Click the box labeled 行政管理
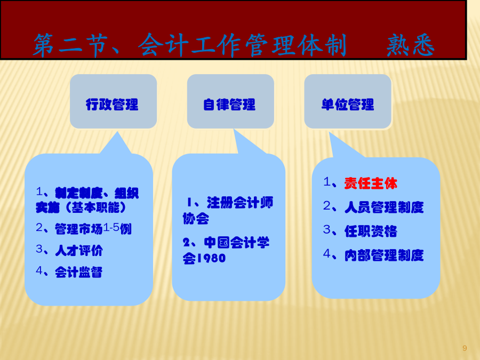click(x=113, y=101)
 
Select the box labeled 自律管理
click(x=230, y=101)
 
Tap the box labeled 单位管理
click(x=348, y=101)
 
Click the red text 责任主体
click(x=371, y=183)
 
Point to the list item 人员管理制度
click(x=384, y=207)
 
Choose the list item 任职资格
click(x=371, y=231)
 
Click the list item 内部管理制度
click(x=384, y=255)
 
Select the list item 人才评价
click(x=79, y=251)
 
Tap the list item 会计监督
click(x=79, y=272)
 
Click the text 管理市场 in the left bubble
click(x=79, y=229)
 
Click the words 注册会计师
click(x=240, y=203)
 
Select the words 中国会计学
click(x=237, y=243)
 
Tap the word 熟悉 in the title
click(x=411, y=45)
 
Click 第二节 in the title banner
click(x=71, y=45)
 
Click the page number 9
click(x=465, y=348)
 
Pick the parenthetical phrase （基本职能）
click(x=95, y=207)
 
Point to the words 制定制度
click(x=79, y=193)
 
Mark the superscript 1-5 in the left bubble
click(x=111, y=227)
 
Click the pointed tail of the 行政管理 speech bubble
click(x=117, y=132)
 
